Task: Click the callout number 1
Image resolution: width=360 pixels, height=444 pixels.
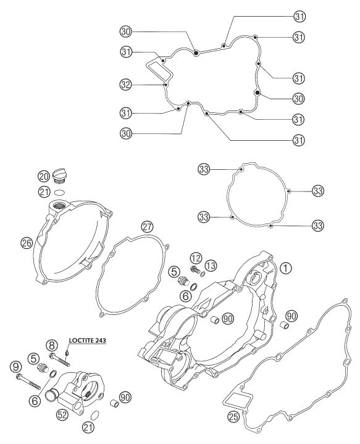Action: click(286, 267)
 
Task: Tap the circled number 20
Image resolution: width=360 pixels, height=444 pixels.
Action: click(43, 177)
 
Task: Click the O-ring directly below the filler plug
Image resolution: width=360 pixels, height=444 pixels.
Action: click(59, 193)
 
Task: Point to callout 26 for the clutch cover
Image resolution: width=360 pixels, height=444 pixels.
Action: click(27, 243)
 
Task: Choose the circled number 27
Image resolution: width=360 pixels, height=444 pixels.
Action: click(148, 227)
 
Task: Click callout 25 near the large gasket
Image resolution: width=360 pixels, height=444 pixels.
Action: click(233, 416)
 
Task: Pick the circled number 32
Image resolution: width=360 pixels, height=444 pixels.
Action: click(125, 85)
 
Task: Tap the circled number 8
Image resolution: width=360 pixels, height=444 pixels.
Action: click(52, 345)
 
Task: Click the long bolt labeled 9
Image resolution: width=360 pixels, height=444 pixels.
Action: click(29, 381)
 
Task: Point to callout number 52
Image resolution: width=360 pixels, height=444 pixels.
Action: click(62, 414)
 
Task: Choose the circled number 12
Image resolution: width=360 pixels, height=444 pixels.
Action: click(196, 258)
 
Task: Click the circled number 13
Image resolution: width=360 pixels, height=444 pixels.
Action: click(211, 266)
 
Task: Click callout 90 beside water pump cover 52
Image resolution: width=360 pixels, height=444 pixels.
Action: click(125, 397)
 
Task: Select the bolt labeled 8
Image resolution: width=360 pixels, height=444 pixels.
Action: click(59, 360)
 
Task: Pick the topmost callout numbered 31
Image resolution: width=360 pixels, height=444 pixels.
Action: click(299, 17)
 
